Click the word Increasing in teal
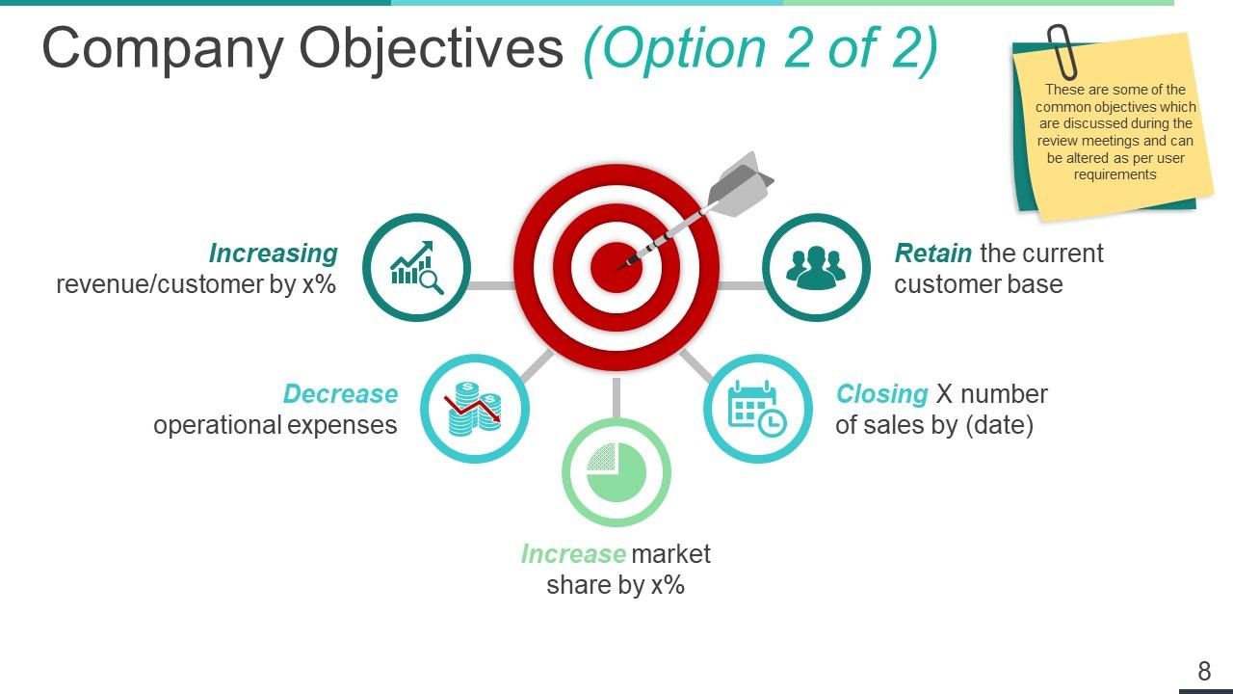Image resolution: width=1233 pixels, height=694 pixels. pos(274,254)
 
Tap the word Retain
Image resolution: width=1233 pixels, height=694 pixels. pos(932,254)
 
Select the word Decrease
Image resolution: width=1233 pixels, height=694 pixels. pos(340,394)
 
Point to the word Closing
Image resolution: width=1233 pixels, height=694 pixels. pos(881,394)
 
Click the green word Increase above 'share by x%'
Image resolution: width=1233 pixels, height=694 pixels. pos(573,554)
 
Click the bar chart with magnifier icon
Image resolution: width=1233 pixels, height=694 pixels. pos(416,267)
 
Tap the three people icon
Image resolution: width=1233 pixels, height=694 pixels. pos(816,267)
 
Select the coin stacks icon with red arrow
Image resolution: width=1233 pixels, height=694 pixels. pos(474,408)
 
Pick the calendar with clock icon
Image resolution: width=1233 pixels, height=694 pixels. pos(757,408)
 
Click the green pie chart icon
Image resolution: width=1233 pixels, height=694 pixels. pos(616,472)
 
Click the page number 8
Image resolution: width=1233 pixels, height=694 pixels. pos(1204,671)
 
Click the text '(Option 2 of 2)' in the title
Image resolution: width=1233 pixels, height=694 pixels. pos(760,48)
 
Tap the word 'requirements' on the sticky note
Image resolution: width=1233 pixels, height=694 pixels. pos(1115,174)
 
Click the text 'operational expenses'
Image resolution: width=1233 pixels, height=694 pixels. pos(275,425)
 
